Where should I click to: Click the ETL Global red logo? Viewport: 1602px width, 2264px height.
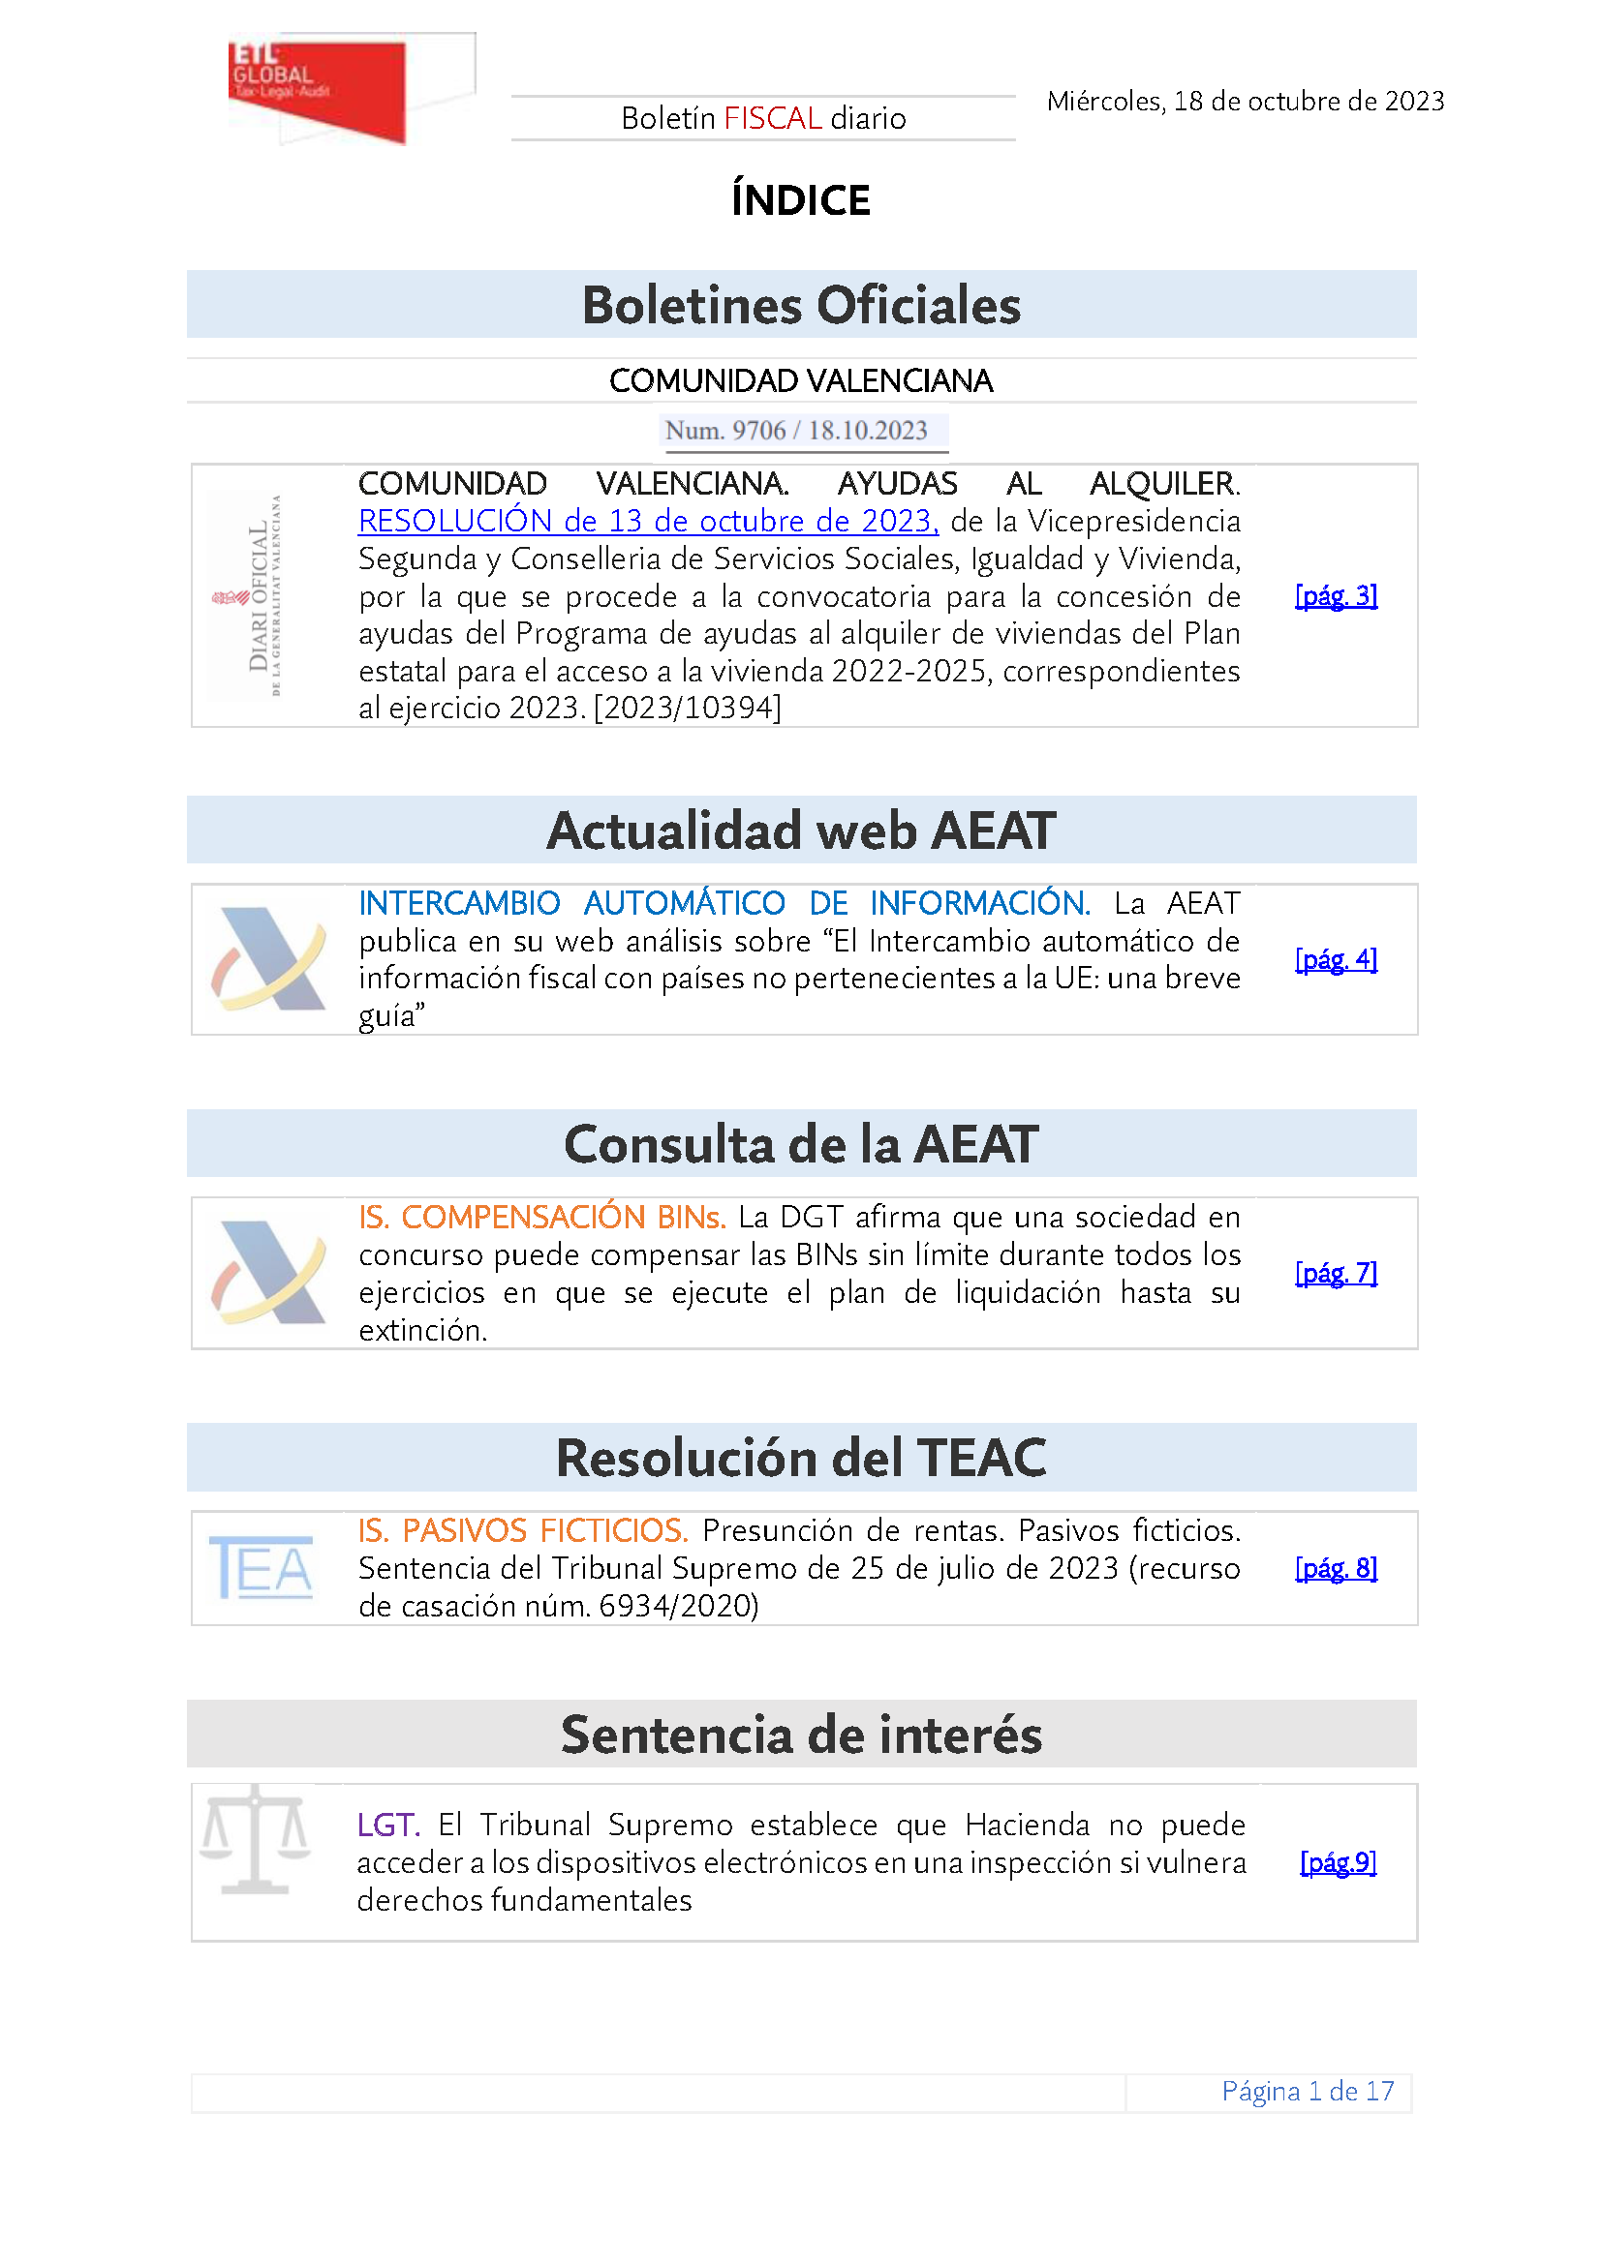click(318, 89)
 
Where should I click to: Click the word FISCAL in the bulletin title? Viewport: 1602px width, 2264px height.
click(772, 118)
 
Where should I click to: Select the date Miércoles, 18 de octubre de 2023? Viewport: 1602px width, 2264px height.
click(1245, 102)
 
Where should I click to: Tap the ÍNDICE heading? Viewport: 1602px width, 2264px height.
click(800, 200)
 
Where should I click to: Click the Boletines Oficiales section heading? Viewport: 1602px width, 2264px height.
click(801, 305)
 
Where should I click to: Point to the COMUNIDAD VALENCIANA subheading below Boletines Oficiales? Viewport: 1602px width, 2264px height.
click(801, 380)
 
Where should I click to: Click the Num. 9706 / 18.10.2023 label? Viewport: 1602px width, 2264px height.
click(796, 431)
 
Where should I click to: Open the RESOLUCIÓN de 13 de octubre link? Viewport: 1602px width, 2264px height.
click(647, 521)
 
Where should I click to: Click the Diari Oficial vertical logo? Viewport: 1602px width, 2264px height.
click(262, 595)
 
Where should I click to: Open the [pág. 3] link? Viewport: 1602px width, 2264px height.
click(1336, 595)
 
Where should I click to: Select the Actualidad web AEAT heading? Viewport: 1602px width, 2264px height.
click(801, 830)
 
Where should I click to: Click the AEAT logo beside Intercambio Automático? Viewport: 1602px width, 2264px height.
click(268, 958)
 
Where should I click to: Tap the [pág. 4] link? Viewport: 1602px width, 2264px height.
click(1336, 958)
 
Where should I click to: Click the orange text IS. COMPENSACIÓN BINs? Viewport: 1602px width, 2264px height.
click(541, 1218)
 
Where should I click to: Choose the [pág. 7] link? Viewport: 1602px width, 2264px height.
click(1336, 1273)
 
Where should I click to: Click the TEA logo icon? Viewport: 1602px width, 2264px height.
click(262, 1567)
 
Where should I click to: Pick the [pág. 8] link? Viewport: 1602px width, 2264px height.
click(1336, 1568)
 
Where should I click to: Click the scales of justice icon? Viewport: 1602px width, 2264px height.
click(255, 1840)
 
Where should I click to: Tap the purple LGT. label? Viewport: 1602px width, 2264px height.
click(387, 1826)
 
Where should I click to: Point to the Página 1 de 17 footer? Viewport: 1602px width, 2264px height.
click(1307, 2091)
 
